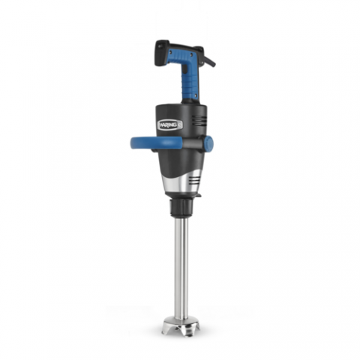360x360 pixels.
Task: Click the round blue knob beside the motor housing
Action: click(208, 143)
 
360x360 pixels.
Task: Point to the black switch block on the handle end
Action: click(160, 53)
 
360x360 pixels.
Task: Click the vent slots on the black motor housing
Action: click(199, 120)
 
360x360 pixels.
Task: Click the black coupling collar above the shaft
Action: click(181, 207)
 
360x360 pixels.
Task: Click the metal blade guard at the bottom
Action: click(181, 326)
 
